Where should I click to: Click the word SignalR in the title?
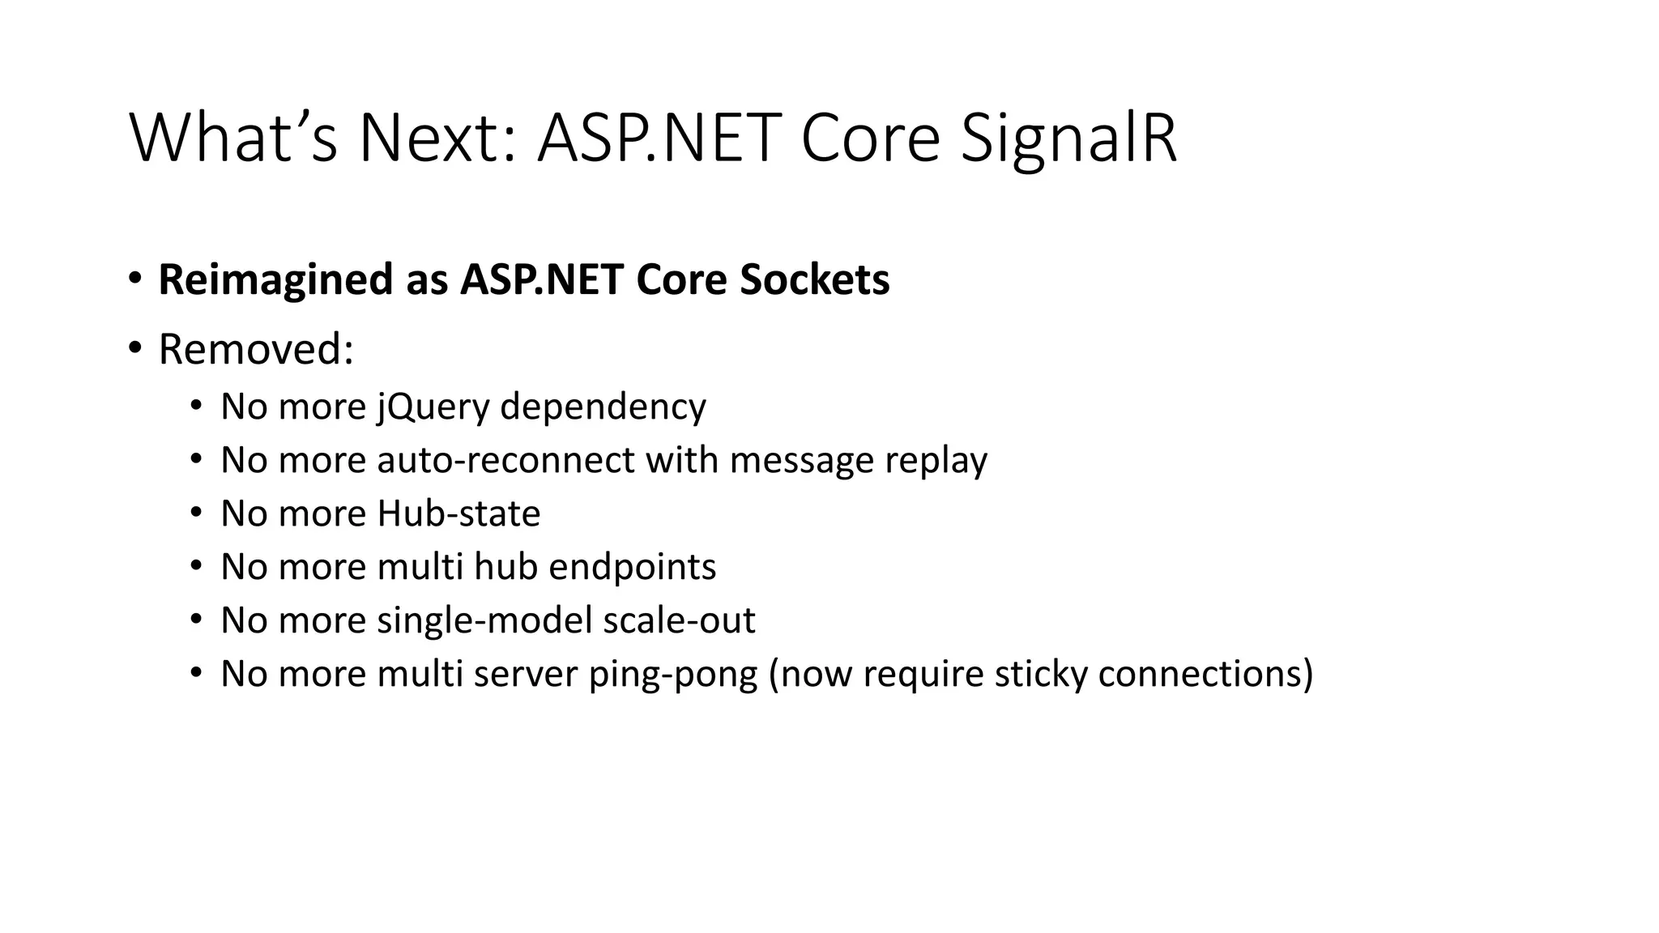click(x=1068, y=139)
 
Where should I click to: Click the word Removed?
click(x=256, y=350)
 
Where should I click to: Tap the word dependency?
click(x=603, y=406)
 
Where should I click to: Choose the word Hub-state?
click(x=458, y=513)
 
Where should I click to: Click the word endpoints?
click(x=632, y=567)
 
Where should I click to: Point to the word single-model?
click(x=484, y=621)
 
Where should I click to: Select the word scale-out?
click(x=679, y=620)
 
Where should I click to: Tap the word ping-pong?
click(x=672, y=675)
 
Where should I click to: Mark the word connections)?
click(x=1205, y=674)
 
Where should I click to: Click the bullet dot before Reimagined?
click(x=134, y=278)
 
